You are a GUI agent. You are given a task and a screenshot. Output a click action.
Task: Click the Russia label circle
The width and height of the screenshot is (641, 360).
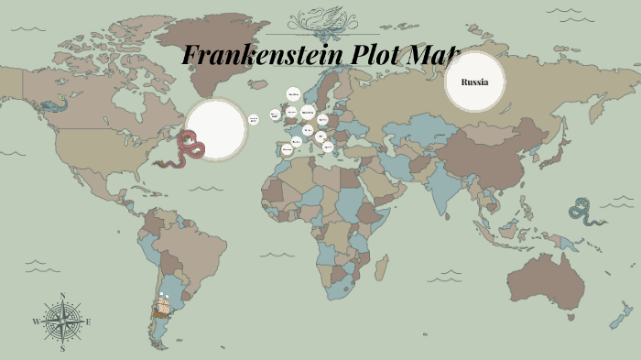(474, 82)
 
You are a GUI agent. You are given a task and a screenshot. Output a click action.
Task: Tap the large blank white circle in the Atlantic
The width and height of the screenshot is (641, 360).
(216, 129)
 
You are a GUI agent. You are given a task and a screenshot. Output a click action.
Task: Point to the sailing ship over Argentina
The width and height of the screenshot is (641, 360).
(162, 306)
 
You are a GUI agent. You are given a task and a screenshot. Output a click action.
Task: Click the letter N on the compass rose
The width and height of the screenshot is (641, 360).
(62, 295)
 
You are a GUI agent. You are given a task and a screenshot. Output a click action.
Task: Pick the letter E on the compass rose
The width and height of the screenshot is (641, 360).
(89, 322)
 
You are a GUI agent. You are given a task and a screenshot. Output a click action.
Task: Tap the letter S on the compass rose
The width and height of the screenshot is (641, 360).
(62, 349)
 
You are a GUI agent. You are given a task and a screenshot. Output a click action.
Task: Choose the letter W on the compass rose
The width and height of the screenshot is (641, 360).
(36, 322)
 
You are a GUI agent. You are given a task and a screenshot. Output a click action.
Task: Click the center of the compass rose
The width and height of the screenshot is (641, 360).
(62, 322)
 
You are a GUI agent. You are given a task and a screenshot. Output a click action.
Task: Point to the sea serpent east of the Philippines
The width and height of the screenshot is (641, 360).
(584, 211)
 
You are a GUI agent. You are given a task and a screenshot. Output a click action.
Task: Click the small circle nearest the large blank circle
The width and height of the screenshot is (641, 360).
(254, 120)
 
